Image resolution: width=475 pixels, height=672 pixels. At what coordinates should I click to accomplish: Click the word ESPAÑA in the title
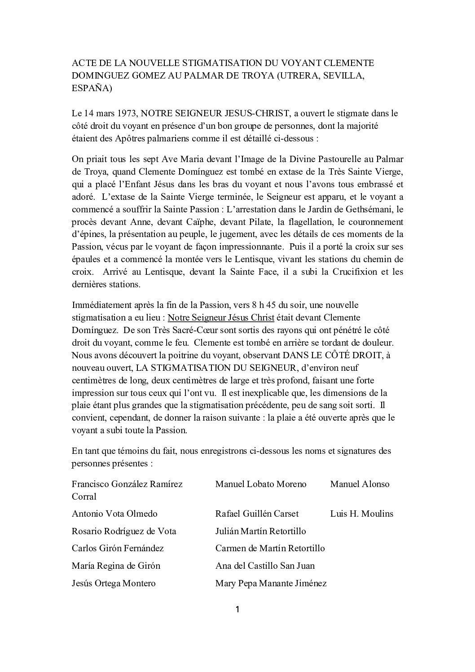point(92,88)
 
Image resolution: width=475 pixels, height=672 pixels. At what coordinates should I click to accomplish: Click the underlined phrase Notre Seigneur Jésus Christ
point(221,317)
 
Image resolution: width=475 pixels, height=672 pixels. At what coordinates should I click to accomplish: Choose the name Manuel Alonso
point(360,484)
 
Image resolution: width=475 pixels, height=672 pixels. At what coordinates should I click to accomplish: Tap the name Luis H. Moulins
point(361,514)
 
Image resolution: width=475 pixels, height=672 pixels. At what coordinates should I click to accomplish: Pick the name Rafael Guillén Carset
point(257,514)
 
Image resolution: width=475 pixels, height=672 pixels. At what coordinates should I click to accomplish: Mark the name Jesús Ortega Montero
point(114,583)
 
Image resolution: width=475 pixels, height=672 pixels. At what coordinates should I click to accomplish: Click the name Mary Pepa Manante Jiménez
point(271,583)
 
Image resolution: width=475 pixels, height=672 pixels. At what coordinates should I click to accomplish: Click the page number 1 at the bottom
point(237,610)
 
